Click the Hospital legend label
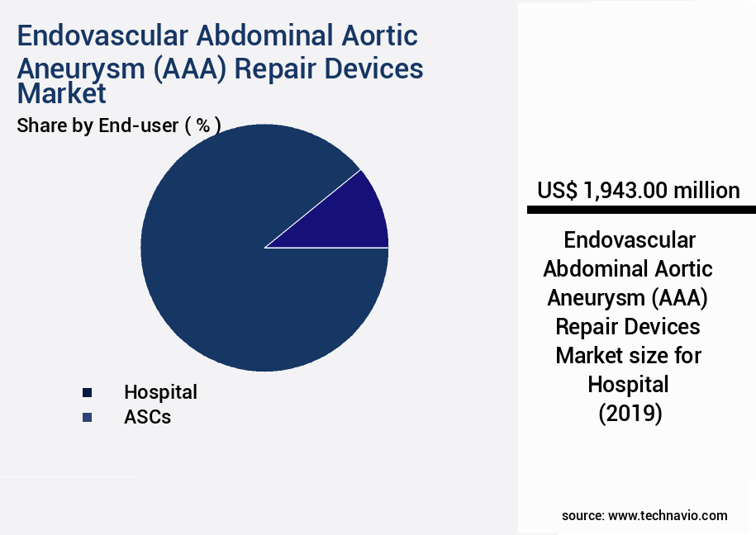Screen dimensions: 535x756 coord(160,392)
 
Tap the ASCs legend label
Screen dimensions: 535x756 coord(147,417)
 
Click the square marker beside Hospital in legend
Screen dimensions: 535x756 coord(87,393)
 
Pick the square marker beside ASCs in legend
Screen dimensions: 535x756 coord(87,418)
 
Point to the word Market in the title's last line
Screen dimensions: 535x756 coord(62,93)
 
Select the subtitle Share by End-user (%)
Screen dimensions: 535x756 coord(118,125)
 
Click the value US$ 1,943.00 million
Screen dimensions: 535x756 coord(638,191)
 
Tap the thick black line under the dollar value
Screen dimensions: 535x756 coord(638,211)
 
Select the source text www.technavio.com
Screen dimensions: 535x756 coord(668,515)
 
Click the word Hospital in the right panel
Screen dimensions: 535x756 coord(628,384)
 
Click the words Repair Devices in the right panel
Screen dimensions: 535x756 coord(628,327)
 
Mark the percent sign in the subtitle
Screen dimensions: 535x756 coord(202,125)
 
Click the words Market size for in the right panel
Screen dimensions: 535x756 coord(628,356)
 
